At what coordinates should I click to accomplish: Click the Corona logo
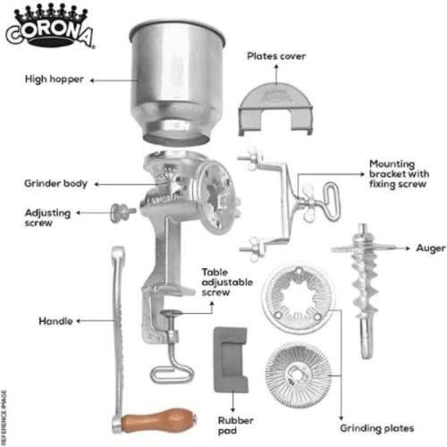(x=50, y=26)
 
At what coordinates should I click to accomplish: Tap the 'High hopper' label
(x=55, y=80)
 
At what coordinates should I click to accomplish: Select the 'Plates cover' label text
(x=276, y=56)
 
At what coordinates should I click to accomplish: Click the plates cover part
(x=275, y=109)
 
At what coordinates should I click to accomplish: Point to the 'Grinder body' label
(x=55, y=183)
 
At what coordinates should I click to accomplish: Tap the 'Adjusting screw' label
(x=47, y=218)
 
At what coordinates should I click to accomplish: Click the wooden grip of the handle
(x=158, y=420)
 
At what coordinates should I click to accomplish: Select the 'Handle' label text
(x=55, y=321)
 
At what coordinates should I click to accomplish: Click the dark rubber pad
(x=231, y=359)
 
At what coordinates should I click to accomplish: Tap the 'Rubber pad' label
(x=235, y=426)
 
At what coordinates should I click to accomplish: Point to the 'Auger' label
(x=431, y=248)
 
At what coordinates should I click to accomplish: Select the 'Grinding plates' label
(x=377, y=428)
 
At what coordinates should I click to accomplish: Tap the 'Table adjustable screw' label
(x=227, y=283)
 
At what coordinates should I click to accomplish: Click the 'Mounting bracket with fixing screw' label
(x=399, y=173)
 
